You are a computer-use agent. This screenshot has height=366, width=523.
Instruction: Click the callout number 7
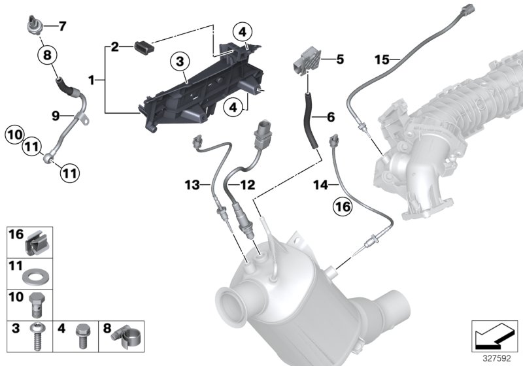point(62,27)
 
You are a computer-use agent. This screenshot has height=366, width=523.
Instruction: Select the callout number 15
point(382,60)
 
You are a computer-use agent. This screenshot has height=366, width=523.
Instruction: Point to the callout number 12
point(246,186)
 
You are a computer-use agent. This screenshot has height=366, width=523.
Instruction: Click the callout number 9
point(57,116)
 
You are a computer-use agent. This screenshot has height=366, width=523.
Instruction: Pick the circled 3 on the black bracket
point(181,63)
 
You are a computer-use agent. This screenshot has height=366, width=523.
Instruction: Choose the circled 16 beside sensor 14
point(342,207)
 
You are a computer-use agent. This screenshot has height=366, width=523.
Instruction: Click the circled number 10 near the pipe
point(14,136)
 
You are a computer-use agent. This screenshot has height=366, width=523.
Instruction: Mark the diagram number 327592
point(498,358)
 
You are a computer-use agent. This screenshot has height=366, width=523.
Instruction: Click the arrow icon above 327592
point(490,337)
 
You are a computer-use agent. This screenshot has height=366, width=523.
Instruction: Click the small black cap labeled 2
point(143,46)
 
